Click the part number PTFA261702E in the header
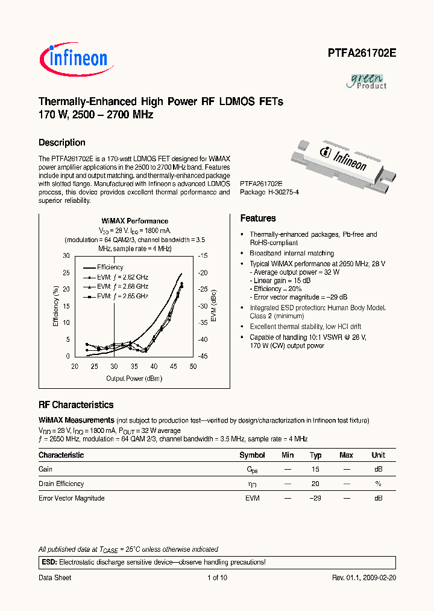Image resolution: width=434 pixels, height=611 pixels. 362,53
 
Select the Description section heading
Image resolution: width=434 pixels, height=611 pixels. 62,143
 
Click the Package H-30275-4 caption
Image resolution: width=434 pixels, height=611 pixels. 269,192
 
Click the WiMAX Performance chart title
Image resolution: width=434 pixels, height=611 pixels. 134,221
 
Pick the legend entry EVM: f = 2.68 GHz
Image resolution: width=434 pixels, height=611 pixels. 122,286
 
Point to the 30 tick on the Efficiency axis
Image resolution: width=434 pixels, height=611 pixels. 66,256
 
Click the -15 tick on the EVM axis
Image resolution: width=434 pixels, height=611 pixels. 203,256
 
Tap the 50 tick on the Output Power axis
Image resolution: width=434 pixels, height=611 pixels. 193,366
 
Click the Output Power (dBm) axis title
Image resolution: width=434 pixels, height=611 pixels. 133,379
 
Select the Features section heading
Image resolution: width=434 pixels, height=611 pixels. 258,219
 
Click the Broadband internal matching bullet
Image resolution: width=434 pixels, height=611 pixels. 291,254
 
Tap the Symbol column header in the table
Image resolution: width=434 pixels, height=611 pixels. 252,455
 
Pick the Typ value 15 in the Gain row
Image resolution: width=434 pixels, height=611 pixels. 315,469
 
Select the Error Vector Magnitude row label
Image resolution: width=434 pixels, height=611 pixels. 72,498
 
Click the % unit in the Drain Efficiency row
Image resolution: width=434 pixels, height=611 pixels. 378,484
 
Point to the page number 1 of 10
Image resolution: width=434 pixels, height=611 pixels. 217,578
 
